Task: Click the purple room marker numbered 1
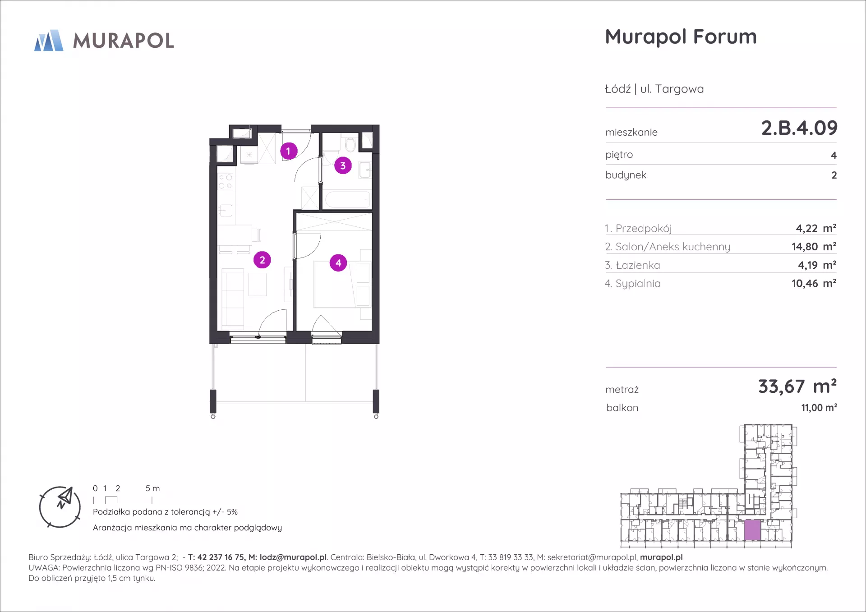pyautogui.click(x=289, y=151)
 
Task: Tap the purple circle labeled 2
pyautogui.click(x=262, y=260)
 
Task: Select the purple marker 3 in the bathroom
pyautogui.click(x=343, y=166)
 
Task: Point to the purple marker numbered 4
pyautogui.click(x=338, y=263)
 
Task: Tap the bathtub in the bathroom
pyautogui.click(x=347, y=199)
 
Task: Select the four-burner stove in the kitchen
pyautogui.click(x=226, y=182)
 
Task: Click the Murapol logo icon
pyautogui.click(x=49, y=40)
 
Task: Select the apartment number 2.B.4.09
pyautogui.click(x=799, y=128)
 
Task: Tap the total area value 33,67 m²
pyautogui.click(x=797, y=387)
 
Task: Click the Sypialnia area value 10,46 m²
pyautogui.click(x=814, y=283)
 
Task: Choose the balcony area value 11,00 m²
pyautogui.click(x=819, y=408)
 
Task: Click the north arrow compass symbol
pyautogui.click(x=60, y=507)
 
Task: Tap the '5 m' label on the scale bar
pyautogui.click(x=152, y=488)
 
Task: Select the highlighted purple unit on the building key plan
pyautogui.click(x=752, y=530)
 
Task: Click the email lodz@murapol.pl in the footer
pyautogui.click(x=293, y=557)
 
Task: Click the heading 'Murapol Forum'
pyautogui.click(x=681, y=37)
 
